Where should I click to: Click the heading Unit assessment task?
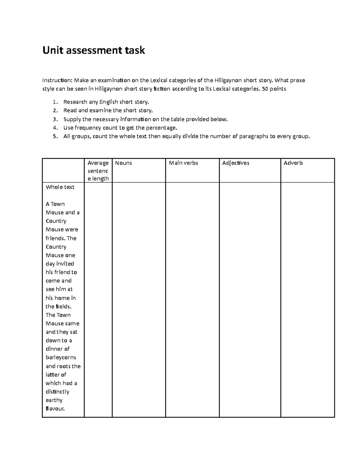point(94,50)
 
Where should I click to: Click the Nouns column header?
point(123,163)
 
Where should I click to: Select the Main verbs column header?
point(183,163)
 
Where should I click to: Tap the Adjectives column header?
point(235,163)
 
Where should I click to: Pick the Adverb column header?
point(293,163)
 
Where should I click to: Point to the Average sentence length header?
point(98,171)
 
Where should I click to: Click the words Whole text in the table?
point(60,187)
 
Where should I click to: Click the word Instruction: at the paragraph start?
point(57,80)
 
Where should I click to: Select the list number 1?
point(54,102)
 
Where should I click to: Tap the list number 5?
point(54,137)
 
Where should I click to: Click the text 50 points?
point(274,89)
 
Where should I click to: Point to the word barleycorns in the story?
point(61,357)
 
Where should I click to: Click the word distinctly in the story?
point(57,392)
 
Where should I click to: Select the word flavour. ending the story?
point(55,409)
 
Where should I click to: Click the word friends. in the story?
point(55,238)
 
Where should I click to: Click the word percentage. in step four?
point(162,128)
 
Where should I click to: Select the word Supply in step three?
point(72,119)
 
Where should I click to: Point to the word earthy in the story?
point(54,400)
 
